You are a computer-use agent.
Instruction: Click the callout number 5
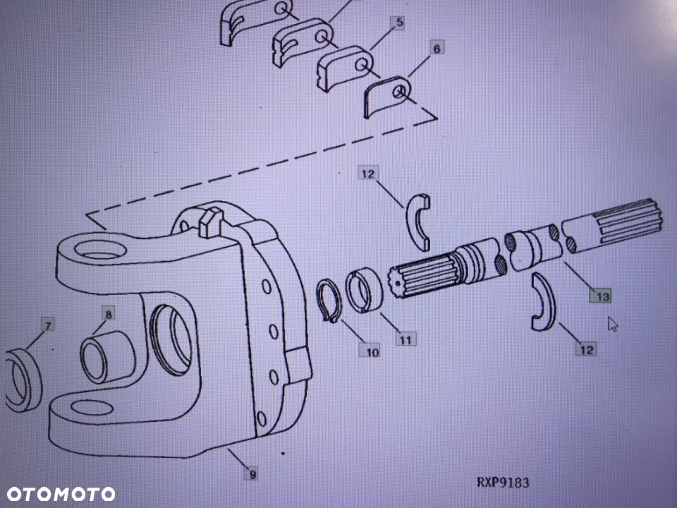tap(399, 23)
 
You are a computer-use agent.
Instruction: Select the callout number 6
tap(437, 48)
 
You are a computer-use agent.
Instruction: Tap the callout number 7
tap(47, 325)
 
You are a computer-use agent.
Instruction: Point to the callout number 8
tap(108, 313)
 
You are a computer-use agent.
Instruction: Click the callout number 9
tap(252, 474)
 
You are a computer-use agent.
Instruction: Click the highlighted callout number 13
tap(601, 296)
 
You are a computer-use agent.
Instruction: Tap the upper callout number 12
tap(368, 174)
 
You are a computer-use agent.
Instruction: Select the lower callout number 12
tap(586, 349)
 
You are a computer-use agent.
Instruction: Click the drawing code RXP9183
tap(503, 482)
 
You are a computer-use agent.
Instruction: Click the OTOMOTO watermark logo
tap(61, 494)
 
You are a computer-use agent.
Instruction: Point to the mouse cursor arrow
tap(613, 324)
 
